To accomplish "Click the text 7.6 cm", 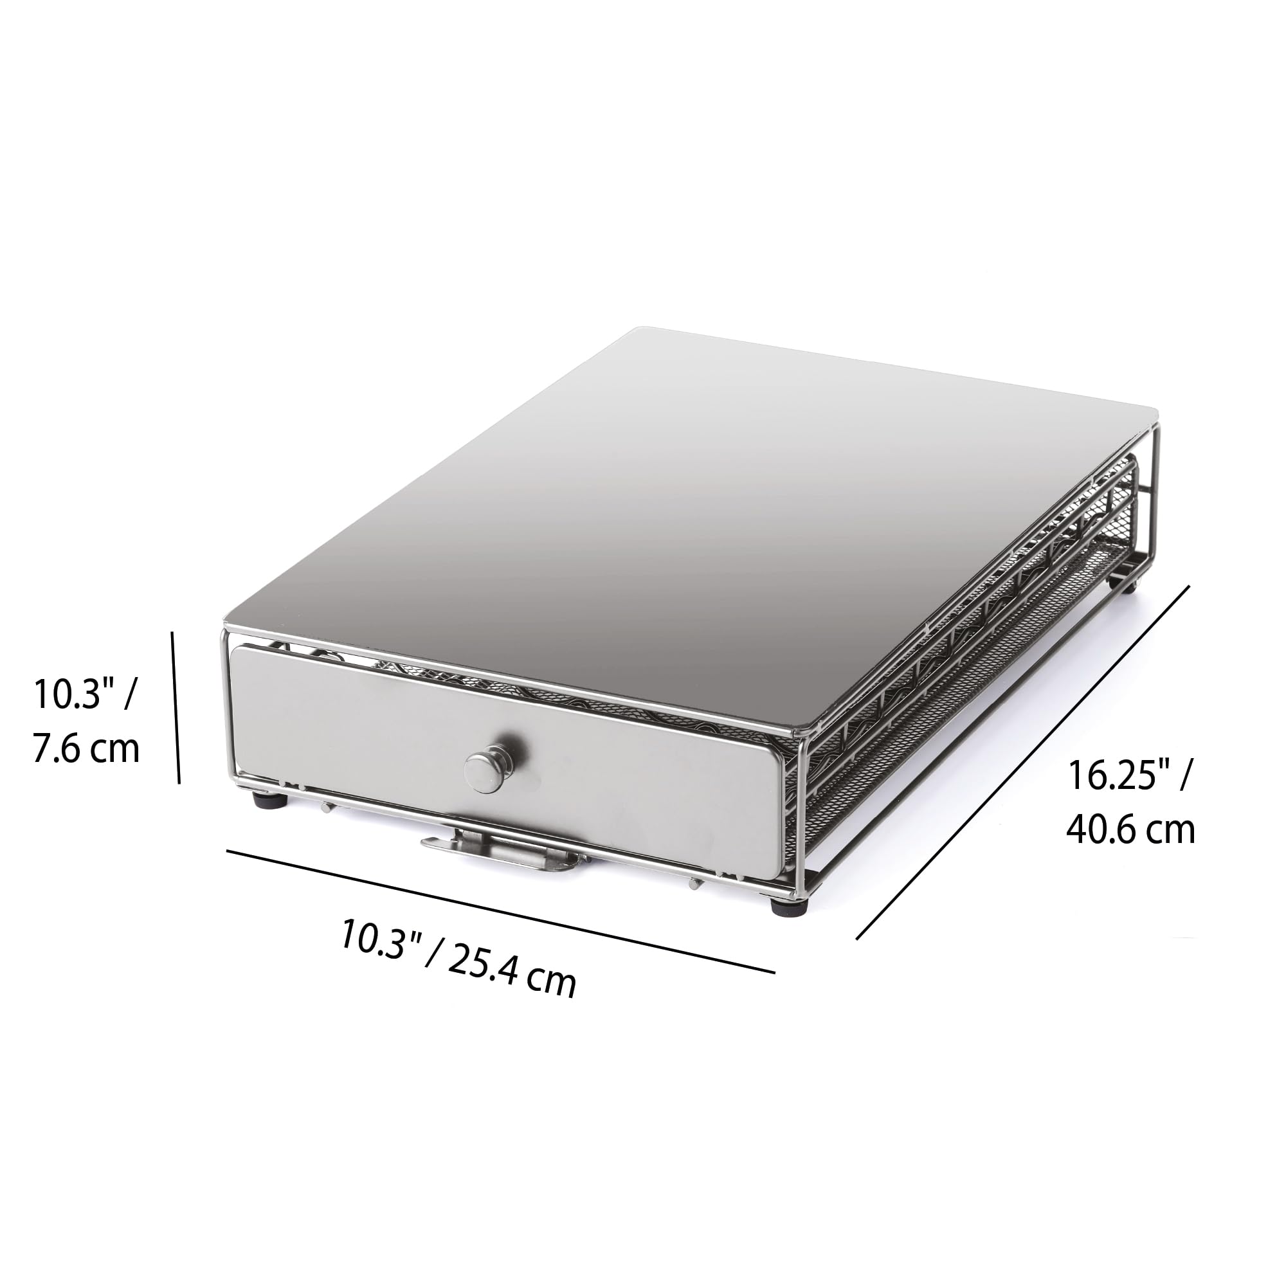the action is click(87, 750).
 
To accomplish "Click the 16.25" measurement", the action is click(1116, 775).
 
